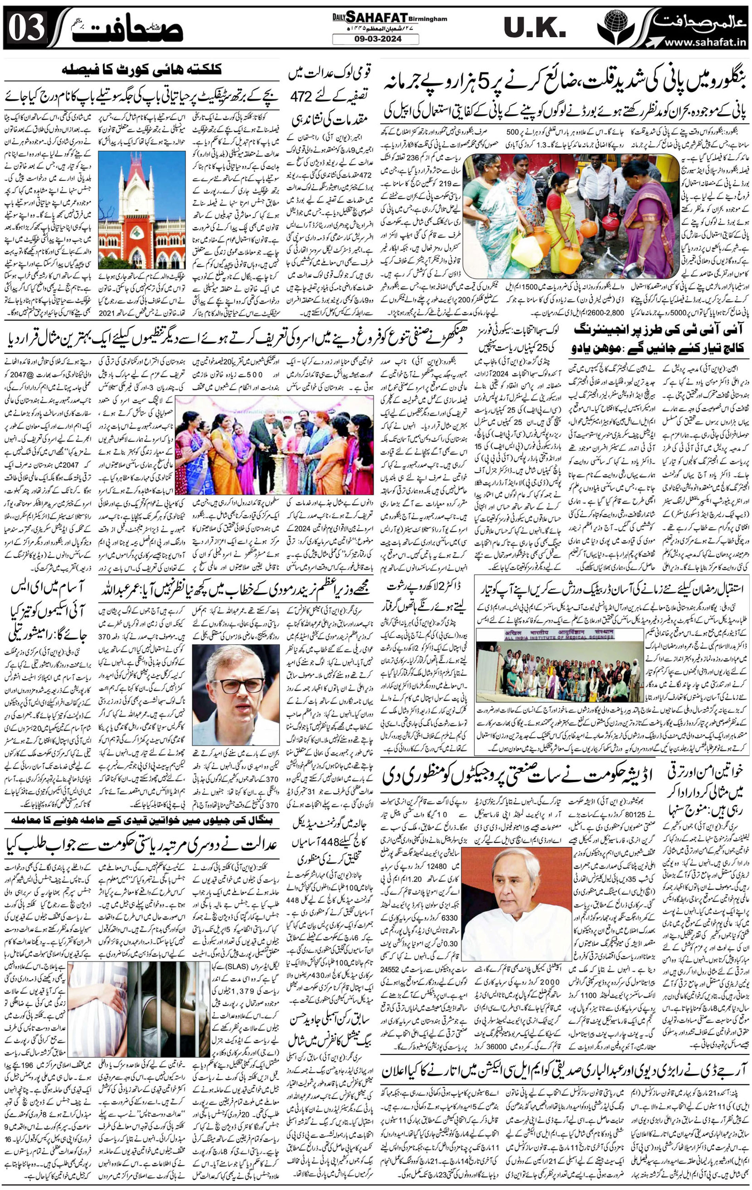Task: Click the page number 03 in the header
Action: click(x=27, y=29)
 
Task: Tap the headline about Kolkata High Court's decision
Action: click(x=142, y=70)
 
